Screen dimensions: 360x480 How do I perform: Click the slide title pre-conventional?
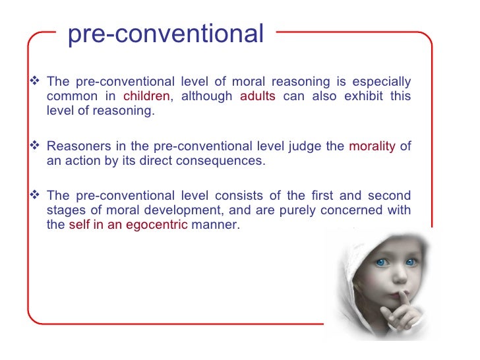tap(165, 34)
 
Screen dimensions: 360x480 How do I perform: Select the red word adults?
tap(257, 96)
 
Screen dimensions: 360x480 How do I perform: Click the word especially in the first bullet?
tap(381, 82)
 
